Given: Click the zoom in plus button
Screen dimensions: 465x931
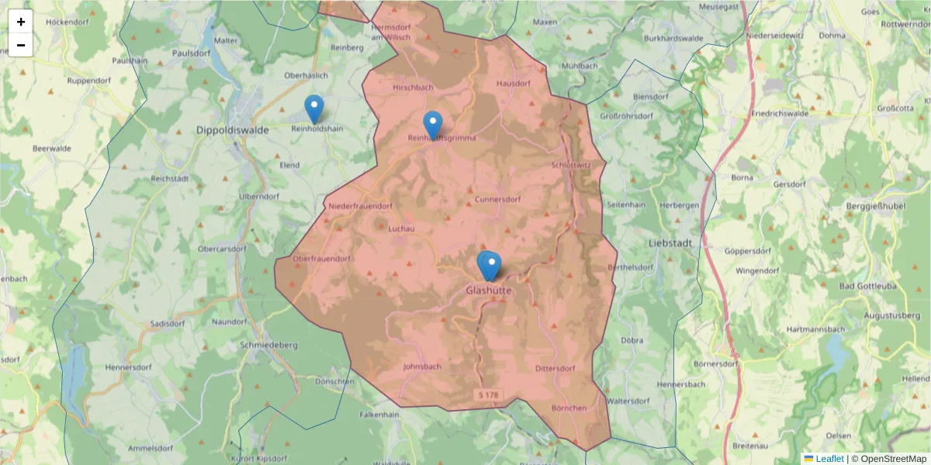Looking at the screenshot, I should pyautogui.click(x=21, y=22).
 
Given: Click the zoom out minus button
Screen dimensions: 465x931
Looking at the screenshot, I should pyautogui.click(x=21, y=45).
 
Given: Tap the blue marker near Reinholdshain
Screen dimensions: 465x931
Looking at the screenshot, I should pyautogui.click(x=313, y=109).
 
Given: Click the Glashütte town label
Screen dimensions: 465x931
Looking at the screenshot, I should pyautogui.click(x=489, y=290).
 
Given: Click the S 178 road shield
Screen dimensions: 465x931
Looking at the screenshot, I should pyautogui.click(x=489, y=395).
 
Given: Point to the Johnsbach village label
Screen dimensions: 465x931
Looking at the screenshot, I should pyautogui.click(x=423, y=367).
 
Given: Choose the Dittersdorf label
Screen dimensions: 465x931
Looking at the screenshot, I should pyautogui.click(x=555, y=368).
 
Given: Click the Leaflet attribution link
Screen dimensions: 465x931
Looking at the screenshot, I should pyautogui.click(x=829, y=459).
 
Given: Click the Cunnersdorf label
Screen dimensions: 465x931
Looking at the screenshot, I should pyautogui.click(x=497, y=199).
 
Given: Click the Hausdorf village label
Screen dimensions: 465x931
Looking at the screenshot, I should pyautogui.click(x=513, y=83).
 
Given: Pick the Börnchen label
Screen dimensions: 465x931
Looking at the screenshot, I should pyautogui.click(x=569, y=408).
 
